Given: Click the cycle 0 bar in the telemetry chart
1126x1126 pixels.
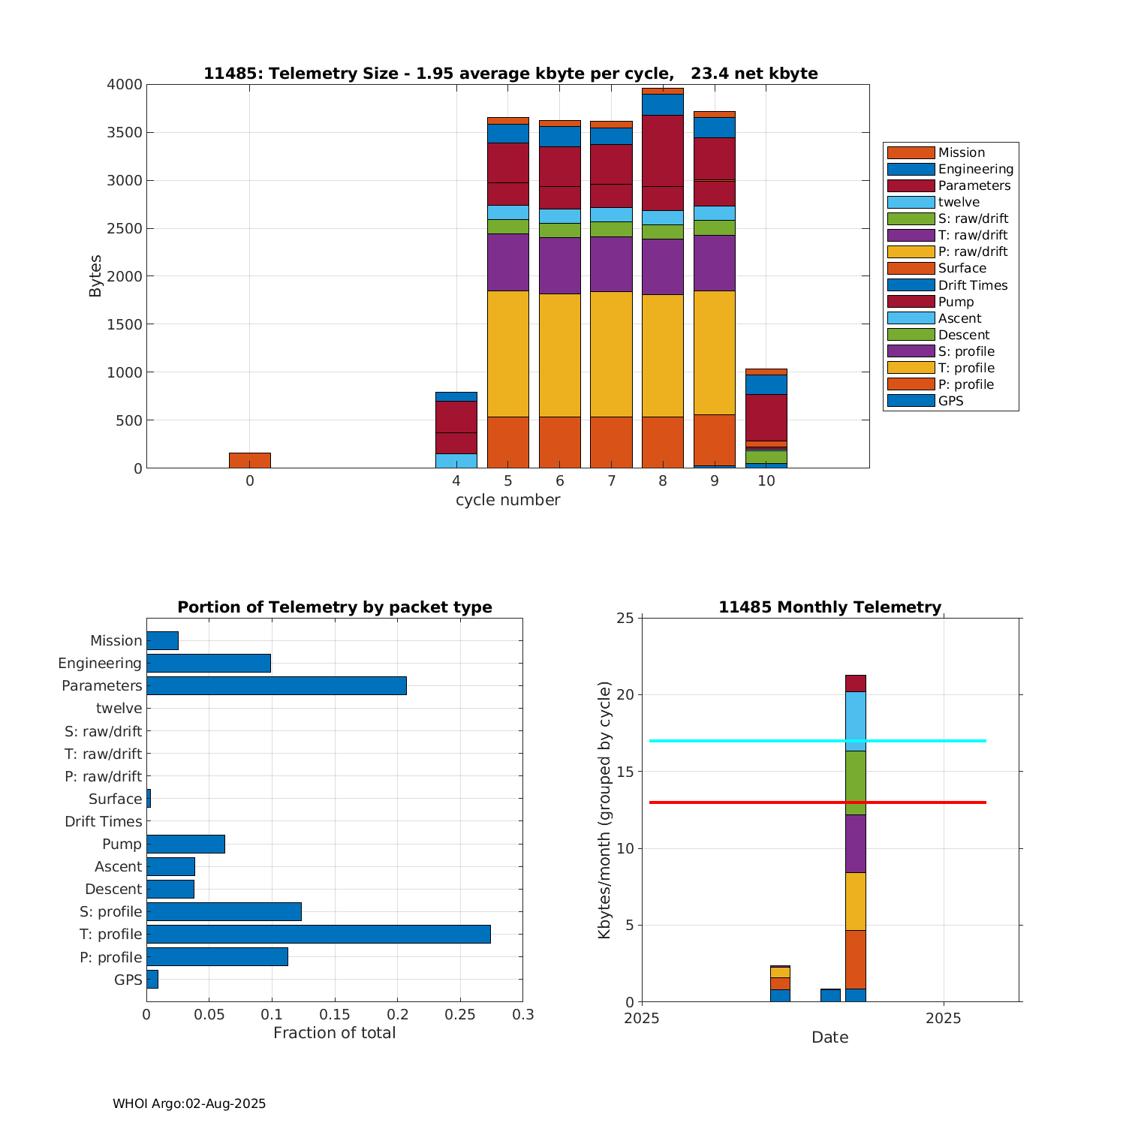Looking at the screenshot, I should (x=249, y=460).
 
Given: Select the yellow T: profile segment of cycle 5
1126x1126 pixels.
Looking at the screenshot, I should (x=508, y=353).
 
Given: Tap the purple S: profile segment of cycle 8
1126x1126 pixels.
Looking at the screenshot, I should (x=663, y=266).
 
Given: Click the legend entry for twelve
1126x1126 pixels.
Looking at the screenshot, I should (x=959, y=202).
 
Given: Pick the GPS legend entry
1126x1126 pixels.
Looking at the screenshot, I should (x=950, y=401).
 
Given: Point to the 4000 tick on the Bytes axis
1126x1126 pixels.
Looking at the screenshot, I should (x=125, y=85).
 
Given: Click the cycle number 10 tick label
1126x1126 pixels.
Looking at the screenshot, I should (x=766, y=481).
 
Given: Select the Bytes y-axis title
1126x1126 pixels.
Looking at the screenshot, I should (x=95, y=276).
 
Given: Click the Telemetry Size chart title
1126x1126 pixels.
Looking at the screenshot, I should (x=510, y=74).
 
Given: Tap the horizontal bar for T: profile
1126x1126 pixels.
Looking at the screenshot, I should (x=318, y=934).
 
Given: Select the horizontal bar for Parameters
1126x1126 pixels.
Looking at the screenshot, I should (x=276, y=685).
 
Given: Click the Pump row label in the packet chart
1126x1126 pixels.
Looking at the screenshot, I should (x=122, y=844).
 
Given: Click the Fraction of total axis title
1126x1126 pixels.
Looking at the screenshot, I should (x=334, y=1033).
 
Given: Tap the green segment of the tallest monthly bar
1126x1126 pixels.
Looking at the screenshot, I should (x=856, y=782).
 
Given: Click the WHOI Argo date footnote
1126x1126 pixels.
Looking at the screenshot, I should (x=189, y=1103).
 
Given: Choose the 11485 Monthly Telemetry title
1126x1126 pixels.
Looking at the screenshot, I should (x=829, y=607).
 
